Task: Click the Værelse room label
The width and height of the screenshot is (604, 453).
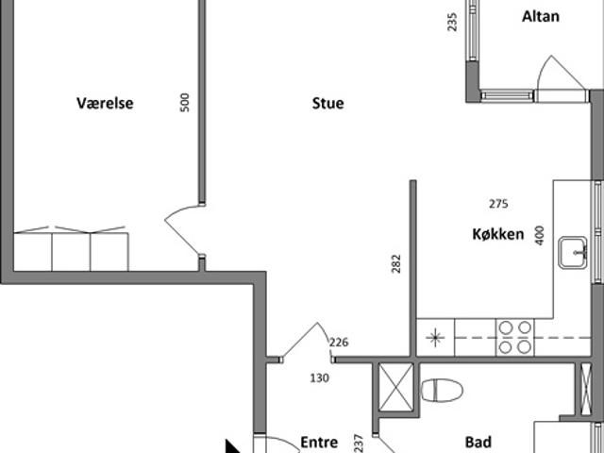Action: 105,103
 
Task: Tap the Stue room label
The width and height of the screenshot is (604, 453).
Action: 327,103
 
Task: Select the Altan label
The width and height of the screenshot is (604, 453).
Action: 541,17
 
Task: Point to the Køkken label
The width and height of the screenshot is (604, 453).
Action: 498,234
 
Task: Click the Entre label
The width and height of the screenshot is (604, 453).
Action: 319,443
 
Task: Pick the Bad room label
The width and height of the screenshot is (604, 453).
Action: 478,443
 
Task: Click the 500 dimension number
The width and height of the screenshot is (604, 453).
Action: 185,103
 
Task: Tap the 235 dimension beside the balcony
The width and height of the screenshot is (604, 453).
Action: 453,22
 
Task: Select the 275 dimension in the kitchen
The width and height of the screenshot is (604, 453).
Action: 498,204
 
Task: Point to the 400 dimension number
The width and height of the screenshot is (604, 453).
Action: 540,235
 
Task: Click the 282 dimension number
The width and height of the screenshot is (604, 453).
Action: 396,264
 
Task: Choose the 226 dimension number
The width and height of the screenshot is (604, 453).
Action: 339,342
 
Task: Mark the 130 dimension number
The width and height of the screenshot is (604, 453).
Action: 320,378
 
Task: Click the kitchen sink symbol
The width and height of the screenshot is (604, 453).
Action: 573,252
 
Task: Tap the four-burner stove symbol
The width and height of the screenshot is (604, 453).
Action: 515,338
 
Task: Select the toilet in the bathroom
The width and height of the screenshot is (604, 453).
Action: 442,390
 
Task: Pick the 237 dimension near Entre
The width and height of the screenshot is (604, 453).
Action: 359,444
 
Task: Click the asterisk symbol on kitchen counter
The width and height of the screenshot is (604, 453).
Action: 435,338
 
